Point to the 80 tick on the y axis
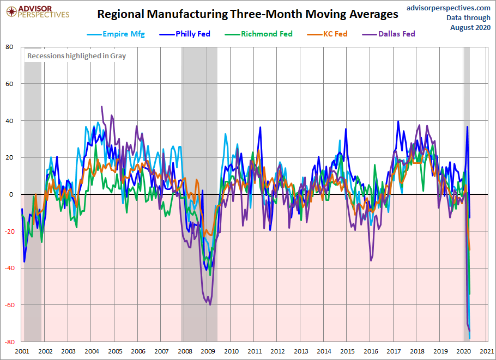click(x=10, y=47)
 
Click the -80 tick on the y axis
click(x=9, y=342)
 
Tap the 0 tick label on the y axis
click(x=11, y=194)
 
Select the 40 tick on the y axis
click(x=10, y=121)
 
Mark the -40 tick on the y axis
click(x=9, y=269)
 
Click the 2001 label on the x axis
click(x=22, y=352)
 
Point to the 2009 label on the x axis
click(x=208, y=352)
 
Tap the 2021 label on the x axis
click(x=487, y=352)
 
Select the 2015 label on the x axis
click(x=347, y=352)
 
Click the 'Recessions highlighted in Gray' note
click(x=76, y=56)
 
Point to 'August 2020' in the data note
click(x=470, y=27)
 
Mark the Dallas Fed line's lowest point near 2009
click(x=210, y=304)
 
